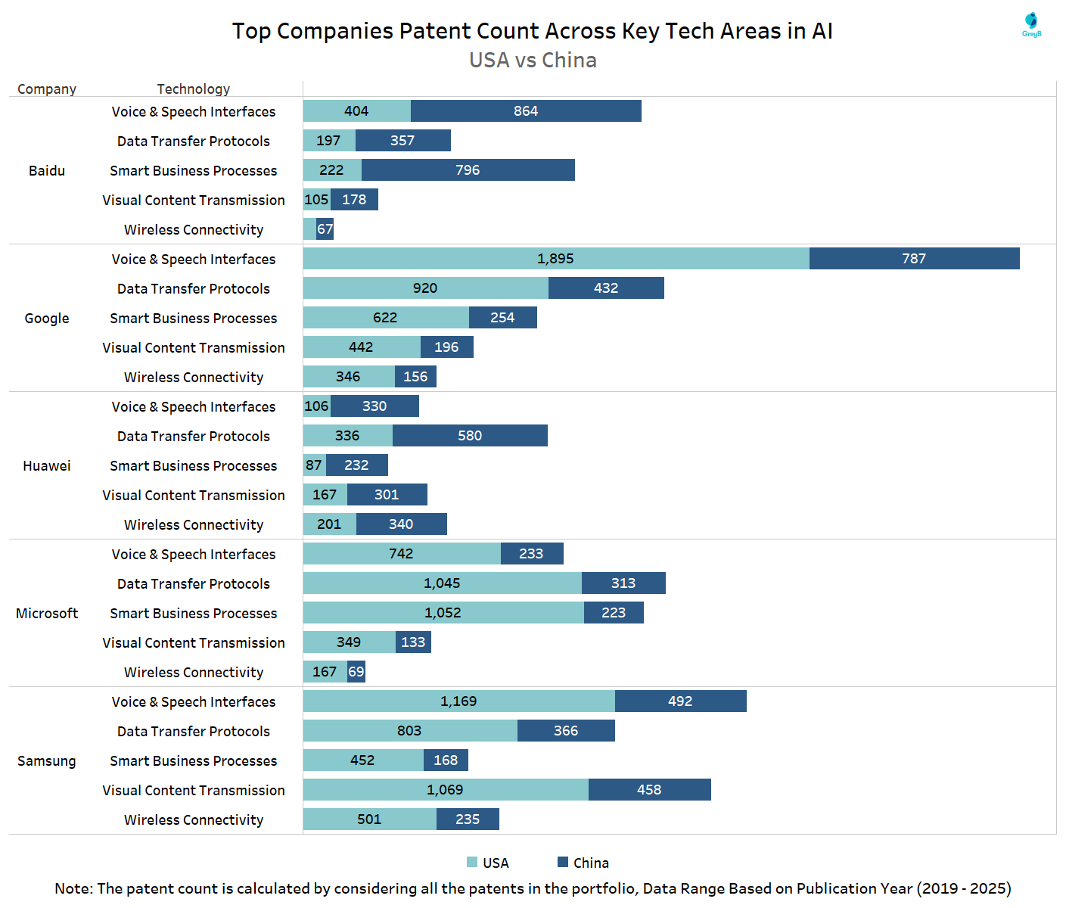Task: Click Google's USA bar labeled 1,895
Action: click(556, 259)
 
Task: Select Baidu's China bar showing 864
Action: click(526, 111)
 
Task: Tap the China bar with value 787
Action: click(914, 259)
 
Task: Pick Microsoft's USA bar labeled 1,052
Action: click(443, 613)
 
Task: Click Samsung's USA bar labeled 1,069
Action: click(446, 790)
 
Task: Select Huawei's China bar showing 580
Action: click(470, 436)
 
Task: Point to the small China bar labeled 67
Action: click(325, 229)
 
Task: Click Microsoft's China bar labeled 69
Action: click(356, 672)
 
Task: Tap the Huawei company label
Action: click(47, 466)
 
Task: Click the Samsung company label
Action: click(47, 761)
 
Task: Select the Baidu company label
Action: click(47, 171)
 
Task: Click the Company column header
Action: click(47, 89)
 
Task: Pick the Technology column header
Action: click(194, 89)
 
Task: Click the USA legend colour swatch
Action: click(472, 863)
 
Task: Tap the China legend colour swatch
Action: click(563, 863)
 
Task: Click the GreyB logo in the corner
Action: click(1031, 24)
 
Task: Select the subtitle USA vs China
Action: click(533, 61)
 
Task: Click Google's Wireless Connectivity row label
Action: click(194, 378)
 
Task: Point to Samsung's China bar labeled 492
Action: click(680, 701)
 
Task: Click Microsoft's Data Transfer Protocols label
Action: click(194, 584)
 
